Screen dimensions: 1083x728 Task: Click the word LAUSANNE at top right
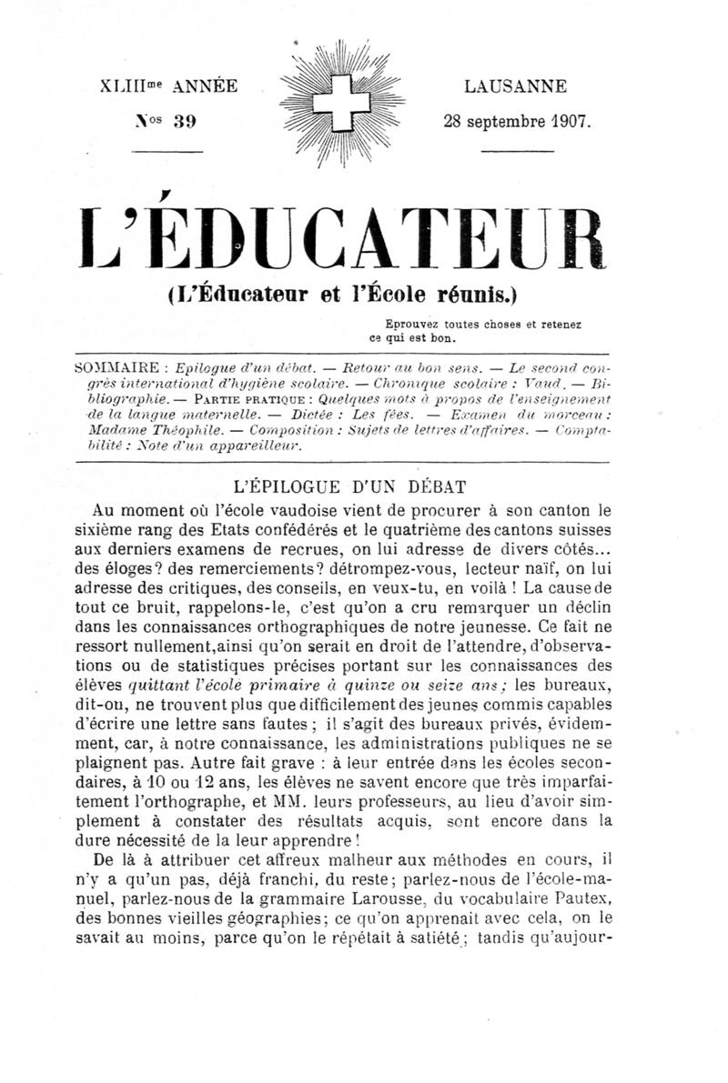click(514, 87)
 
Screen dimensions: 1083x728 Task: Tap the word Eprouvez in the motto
click(413, 323)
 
